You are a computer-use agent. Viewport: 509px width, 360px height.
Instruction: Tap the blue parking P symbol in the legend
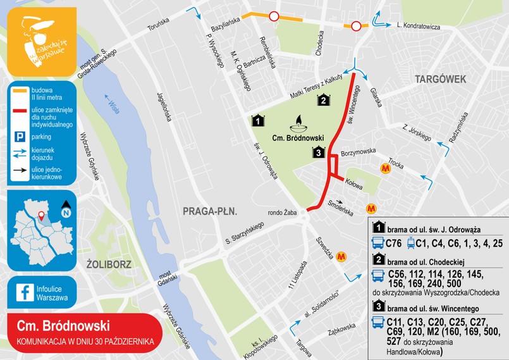click(x=20, y=137)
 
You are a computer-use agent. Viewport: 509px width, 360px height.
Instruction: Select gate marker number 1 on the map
click(x=257, y=120)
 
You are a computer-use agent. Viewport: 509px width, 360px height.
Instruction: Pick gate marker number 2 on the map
click(x=323, y=99)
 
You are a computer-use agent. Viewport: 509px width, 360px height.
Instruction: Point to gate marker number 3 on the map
click(x=319, y=152)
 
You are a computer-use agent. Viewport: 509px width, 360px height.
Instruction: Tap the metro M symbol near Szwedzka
click(x=342, y=256)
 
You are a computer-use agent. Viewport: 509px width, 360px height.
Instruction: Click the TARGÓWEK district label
click(x=441, y=78)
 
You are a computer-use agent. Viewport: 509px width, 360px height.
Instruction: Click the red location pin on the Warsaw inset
click(x=41, y=217)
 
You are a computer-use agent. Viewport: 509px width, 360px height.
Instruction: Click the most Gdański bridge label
click(x=165, y=280)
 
